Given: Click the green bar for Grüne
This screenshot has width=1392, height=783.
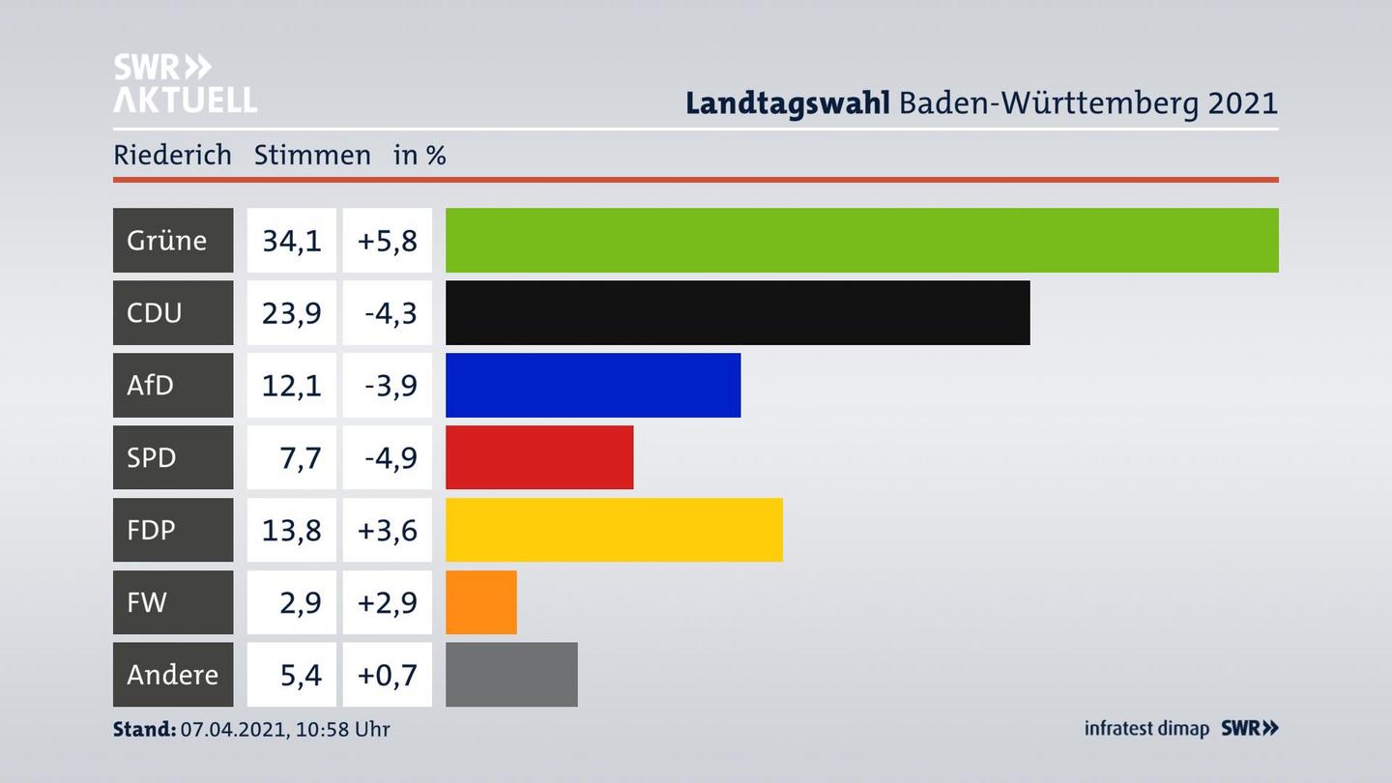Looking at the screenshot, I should pos(861,240).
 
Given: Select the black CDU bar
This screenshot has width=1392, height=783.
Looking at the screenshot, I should pos(738,312).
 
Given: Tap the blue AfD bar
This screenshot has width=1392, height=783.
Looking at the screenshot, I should pos(593,385).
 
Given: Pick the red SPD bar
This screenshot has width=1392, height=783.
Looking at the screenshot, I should pos(539,457).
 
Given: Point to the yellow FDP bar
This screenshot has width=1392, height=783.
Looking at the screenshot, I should pos(614,530).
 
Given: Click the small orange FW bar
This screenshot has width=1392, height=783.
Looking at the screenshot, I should pos(480,602).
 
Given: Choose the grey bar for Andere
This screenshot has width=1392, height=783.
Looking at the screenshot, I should pos(511,675).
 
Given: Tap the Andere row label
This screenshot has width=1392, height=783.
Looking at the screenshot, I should pos(172,675).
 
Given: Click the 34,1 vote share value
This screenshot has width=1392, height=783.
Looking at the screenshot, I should pos(291,240).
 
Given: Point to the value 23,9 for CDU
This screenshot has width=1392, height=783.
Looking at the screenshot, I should pos(291,312).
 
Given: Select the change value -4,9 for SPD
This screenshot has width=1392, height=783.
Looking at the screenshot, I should pos(390,457).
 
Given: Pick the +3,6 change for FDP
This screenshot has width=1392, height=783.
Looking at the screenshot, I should pos(387,530).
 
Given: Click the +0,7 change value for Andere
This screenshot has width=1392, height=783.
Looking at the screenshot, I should pos(387,675).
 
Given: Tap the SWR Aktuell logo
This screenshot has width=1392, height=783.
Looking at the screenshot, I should pos(184,83).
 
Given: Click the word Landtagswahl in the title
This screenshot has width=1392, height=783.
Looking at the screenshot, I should pos(787,102).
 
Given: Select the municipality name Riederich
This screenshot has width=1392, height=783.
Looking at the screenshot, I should pos(172,155).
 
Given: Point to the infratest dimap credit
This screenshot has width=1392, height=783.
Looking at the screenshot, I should pos(1146,729).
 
